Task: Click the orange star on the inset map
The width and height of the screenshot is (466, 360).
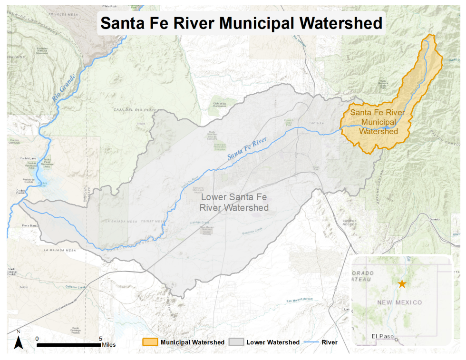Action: point(402,284)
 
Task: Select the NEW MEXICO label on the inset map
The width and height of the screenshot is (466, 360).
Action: point(399,302)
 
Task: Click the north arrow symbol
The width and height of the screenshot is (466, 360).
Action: point(18,341)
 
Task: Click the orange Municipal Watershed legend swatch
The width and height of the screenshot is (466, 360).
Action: point(150,342)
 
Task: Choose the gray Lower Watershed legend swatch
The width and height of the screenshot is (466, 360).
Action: point(236,342)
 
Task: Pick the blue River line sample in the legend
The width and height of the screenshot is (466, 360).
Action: point(312,342)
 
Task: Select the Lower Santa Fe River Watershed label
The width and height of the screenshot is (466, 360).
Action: point(234,203)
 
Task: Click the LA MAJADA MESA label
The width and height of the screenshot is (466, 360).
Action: point(60,250)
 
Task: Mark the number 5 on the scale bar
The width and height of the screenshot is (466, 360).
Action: point(100,339)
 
